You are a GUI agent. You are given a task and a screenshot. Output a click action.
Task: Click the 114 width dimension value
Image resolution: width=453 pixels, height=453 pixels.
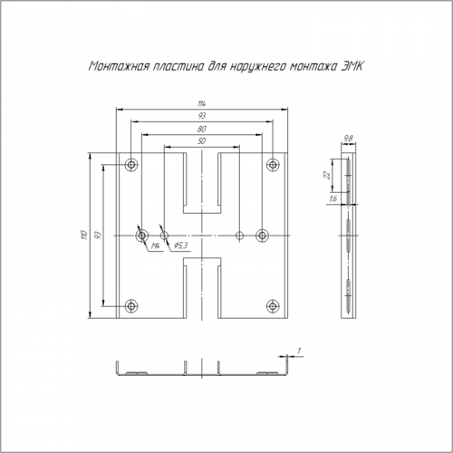(x=202, y=104)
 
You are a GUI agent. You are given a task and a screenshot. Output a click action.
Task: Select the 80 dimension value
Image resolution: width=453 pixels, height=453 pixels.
(x=202, y=129)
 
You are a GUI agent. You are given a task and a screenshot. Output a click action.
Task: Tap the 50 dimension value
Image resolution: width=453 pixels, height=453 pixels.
(x=202, y=141)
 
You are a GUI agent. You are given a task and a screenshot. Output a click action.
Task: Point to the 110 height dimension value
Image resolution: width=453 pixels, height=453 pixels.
(x=84, y=235)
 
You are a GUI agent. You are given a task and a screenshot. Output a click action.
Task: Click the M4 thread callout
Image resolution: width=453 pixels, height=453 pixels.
(x=155, y=246)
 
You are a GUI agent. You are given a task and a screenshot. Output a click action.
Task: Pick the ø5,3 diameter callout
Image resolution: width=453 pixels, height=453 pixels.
(x=180, y=246)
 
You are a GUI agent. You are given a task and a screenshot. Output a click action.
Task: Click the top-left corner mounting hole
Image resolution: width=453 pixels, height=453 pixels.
(x=131, y=165)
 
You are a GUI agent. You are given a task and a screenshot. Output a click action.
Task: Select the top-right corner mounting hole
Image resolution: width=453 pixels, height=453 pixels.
(x=273, y=165)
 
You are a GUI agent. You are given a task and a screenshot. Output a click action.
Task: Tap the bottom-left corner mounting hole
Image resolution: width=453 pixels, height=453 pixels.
(x=131, y=306)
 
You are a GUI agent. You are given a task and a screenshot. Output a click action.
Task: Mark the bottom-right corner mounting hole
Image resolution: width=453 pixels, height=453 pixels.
(x=273, y=306)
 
